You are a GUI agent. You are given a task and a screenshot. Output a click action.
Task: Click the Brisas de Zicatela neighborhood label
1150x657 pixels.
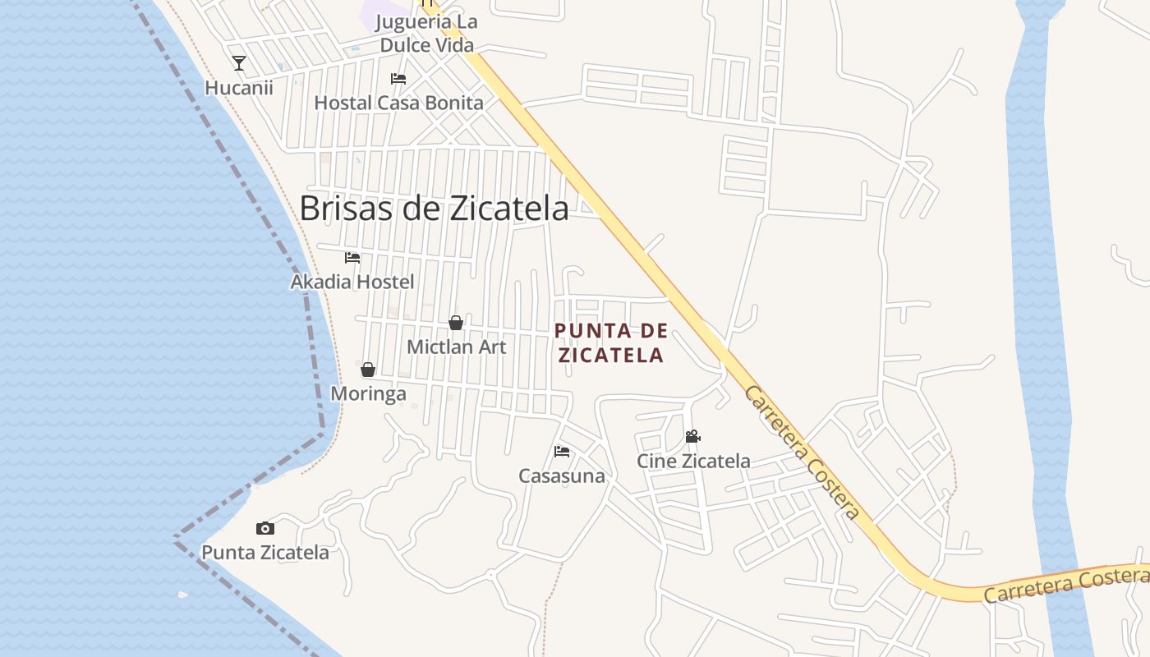pyautogui.click(x=434, y=209)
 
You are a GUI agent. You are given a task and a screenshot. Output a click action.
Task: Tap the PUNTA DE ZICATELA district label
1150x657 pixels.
pyautogui.click(x=610, y=343)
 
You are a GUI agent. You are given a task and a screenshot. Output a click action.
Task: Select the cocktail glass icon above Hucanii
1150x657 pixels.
pyautogui.click(x=239, y=63)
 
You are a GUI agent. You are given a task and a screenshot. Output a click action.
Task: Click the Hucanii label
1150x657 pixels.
pyautogui.click(x=239, y=88)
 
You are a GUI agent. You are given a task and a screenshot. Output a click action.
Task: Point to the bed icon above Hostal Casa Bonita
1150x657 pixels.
pyautogui.click(x=398, y=79)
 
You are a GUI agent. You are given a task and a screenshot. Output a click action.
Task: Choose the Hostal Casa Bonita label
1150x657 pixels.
pyautogui.click(x=398, y=103)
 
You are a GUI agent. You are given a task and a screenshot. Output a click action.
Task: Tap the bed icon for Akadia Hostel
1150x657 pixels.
pyautogui.click(x=352, y=258)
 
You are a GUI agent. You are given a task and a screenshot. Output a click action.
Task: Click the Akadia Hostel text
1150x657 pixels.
pyautogui.click(x=352, y=282)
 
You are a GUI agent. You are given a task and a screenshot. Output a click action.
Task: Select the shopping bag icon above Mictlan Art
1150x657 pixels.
pyautogui.click(x=456, y=323)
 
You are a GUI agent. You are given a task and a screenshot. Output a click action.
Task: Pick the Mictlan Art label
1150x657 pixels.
pyautogui.click(x=457, y=347)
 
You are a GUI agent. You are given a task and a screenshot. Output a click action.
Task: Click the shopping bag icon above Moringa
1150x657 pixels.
pyautogui.click(x=368, y=370)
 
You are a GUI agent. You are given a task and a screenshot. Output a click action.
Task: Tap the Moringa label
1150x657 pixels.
pyautogui.click(x=368, y=393)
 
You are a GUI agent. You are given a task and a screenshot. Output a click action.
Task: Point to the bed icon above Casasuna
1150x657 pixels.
pyautogui.click(x=562, y=452)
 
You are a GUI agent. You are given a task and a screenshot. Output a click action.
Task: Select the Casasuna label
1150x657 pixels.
pyautogui.click(x=562, y=476)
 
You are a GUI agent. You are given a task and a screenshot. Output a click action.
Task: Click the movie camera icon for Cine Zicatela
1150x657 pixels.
pyautogui.click(x=693, y=437)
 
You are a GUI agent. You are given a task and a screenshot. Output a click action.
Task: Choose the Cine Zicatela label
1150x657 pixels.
pyautogui.click(x=693, y=461)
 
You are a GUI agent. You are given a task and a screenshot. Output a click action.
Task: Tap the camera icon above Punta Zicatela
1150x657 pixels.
pyautogui.click(x=264, y=528)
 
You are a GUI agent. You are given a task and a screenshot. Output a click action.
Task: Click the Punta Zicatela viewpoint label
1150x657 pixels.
pyautogui.click(x=265, y=553)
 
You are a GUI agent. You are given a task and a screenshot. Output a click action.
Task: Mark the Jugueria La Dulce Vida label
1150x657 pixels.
pyautogui.click(x=427, y=34)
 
